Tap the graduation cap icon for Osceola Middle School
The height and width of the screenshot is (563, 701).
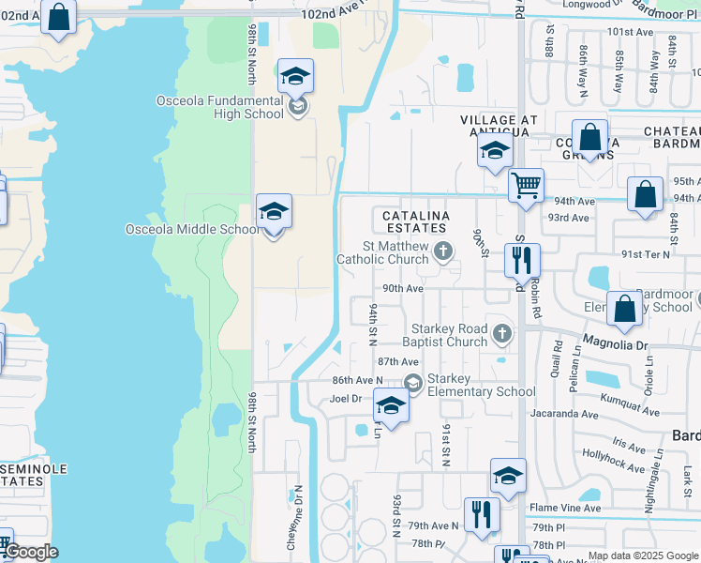(274, 213)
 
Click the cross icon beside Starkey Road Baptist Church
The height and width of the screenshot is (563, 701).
(503, 333)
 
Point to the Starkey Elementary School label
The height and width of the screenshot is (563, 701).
(481, 385)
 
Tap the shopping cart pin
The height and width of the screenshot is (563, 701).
(527, 185)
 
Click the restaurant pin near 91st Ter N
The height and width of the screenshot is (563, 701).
(522, 260)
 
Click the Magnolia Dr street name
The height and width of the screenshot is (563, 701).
(616, 345)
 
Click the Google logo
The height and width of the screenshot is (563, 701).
(32, 552)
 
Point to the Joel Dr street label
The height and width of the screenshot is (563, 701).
(346, 398)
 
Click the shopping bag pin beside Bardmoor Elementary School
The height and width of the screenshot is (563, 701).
(624, 309)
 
